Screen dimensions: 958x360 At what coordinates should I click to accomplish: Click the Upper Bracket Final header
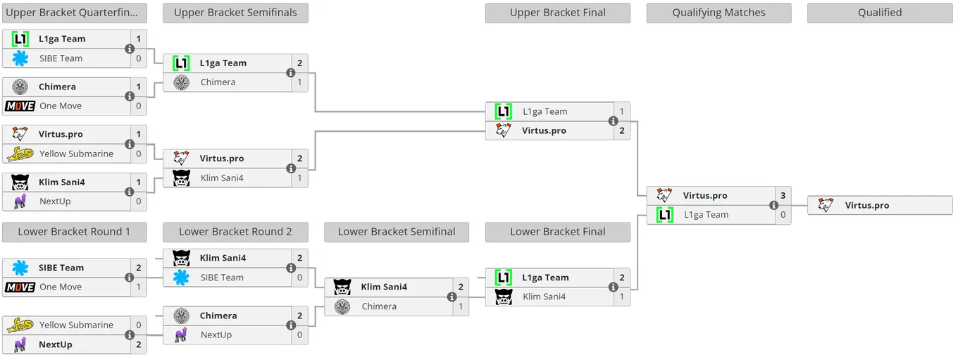(x=557, y=13)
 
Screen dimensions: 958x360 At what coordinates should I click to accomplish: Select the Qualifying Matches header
(x=718, y=13)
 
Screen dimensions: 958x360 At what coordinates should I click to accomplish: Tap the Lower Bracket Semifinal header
(x=397, y=232)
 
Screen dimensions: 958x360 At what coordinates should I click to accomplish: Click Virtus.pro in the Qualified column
(x=867, y=205)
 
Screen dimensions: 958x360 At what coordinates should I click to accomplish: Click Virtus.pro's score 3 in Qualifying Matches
(x=783, y=195)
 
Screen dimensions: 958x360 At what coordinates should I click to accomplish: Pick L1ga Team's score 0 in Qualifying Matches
(x=783, y=215)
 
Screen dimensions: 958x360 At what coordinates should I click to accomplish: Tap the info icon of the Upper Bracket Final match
(x=614, y=121)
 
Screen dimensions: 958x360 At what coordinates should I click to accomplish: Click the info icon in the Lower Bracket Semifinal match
(x=452, y=297)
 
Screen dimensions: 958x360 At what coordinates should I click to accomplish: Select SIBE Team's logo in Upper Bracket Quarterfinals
(x=20, y=58)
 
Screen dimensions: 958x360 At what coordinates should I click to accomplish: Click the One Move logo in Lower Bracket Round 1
(x=20, y=287)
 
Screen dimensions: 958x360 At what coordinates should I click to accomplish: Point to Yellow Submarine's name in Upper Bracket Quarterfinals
(x=77, y=154)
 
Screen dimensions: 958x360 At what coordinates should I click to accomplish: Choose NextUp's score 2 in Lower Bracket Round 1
(x=139, y=345)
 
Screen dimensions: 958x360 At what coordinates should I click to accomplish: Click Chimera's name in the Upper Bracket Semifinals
(x=218, y=82)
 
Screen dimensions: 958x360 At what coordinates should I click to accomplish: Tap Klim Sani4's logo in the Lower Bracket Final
(x=504, y=297)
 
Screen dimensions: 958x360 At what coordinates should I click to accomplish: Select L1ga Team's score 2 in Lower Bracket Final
(x=622, y=278)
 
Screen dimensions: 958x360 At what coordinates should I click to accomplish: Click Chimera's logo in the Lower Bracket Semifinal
(x=342, y=306)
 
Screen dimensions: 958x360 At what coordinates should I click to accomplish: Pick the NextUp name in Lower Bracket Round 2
(x=216, y=335)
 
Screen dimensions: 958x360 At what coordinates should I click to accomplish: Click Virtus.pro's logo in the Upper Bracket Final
(x=504, y=130)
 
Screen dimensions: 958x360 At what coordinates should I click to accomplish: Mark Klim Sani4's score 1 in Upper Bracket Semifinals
(x=300, y=178)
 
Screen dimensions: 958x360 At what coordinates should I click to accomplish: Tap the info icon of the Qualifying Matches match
(x=773, y=205)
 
